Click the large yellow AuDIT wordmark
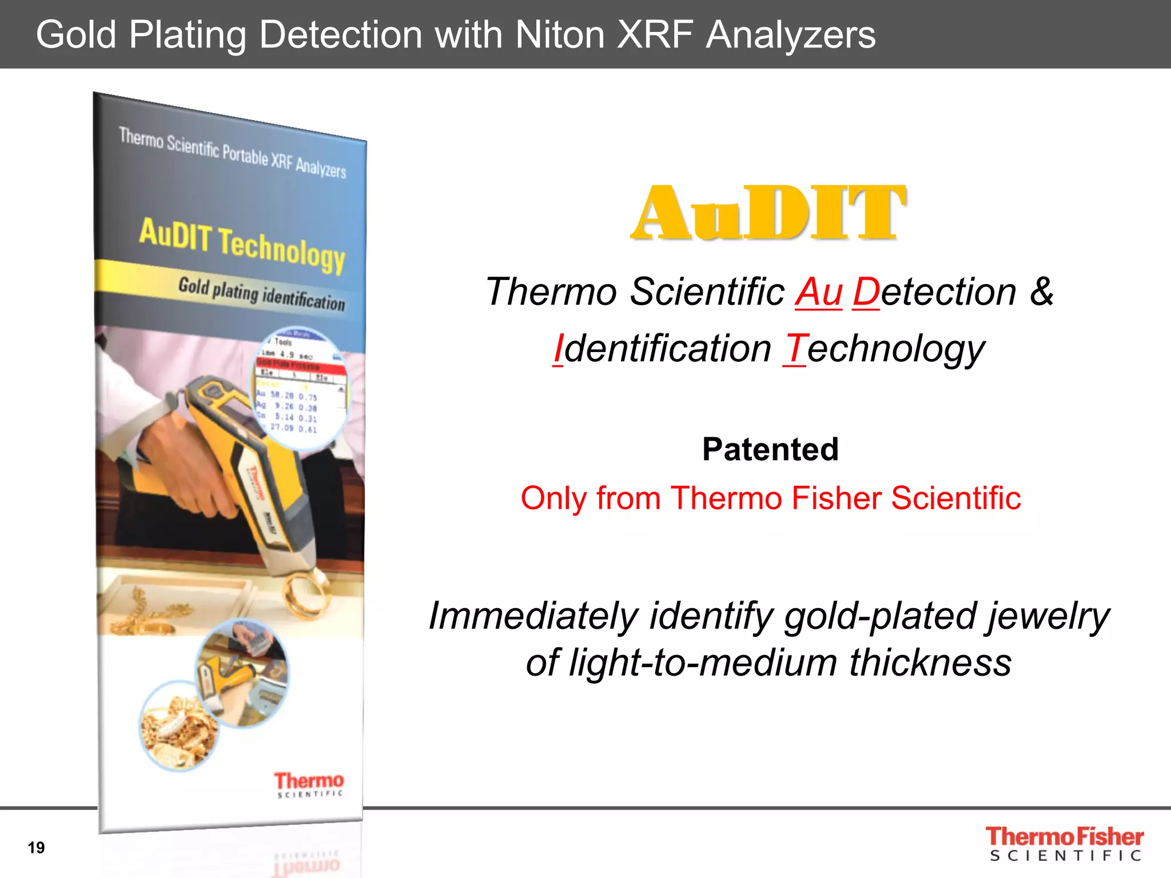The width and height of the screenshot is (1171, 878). point(768,213)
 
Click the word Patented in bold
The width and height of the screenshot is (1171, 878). point(770,449)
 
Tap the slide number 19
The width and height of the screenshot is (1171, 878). point(36,847)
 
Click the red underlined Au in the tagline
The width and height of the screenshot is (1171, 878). point(818,292)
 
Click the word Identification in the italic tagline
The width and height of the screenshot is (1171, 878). point(662,349)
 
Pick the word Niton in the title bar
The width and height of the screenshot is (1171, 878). point(560,35)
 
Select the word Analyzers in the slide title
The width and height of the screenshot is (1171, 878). point(790,35)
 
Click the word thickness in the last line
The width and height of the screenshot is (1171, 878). point(930,663)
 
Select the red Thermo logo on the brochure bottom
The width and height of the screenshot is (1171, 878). point(309,784)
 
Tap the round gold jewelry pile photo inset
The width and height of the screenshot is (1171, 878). point(178,726)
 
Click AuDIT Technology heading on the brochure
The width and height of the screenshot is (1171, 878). point(242,245)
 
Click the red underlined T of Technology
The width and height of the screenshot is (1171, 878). point(795,349)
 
